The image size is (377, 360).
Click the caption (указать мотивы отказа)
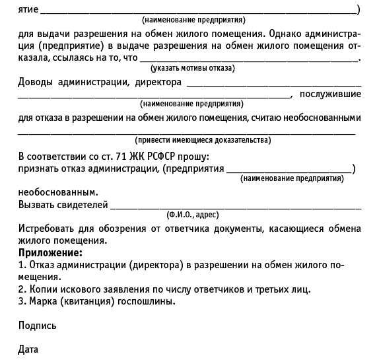(193, 68)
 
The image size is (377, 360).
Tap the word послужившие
(330, 94)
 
